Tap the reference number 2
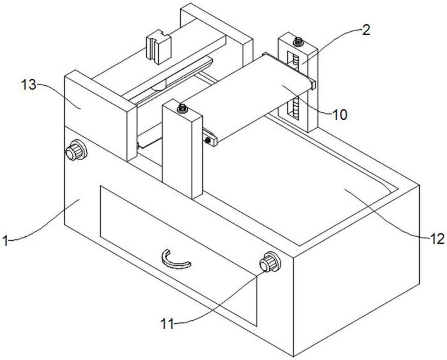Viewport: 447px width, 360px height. click(x=366, y=30)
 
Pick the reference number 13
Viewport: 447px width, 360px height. click(x=29, y=84)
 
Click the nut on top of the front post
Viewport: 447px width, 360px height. click(x=182, y=108)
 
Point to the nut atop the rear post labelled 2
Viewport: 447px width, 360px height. click(x=298, y=41)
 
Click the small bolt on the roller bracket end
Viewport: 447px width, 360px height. click(x=207, y=140)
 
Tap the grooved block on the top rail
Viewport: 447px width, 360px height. click(x=158, y=46)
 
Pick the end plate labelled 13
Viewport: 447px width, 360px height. click(x=100, y=115)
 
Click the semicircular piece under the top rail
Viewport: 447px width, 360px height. click(x=159, y=86)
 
